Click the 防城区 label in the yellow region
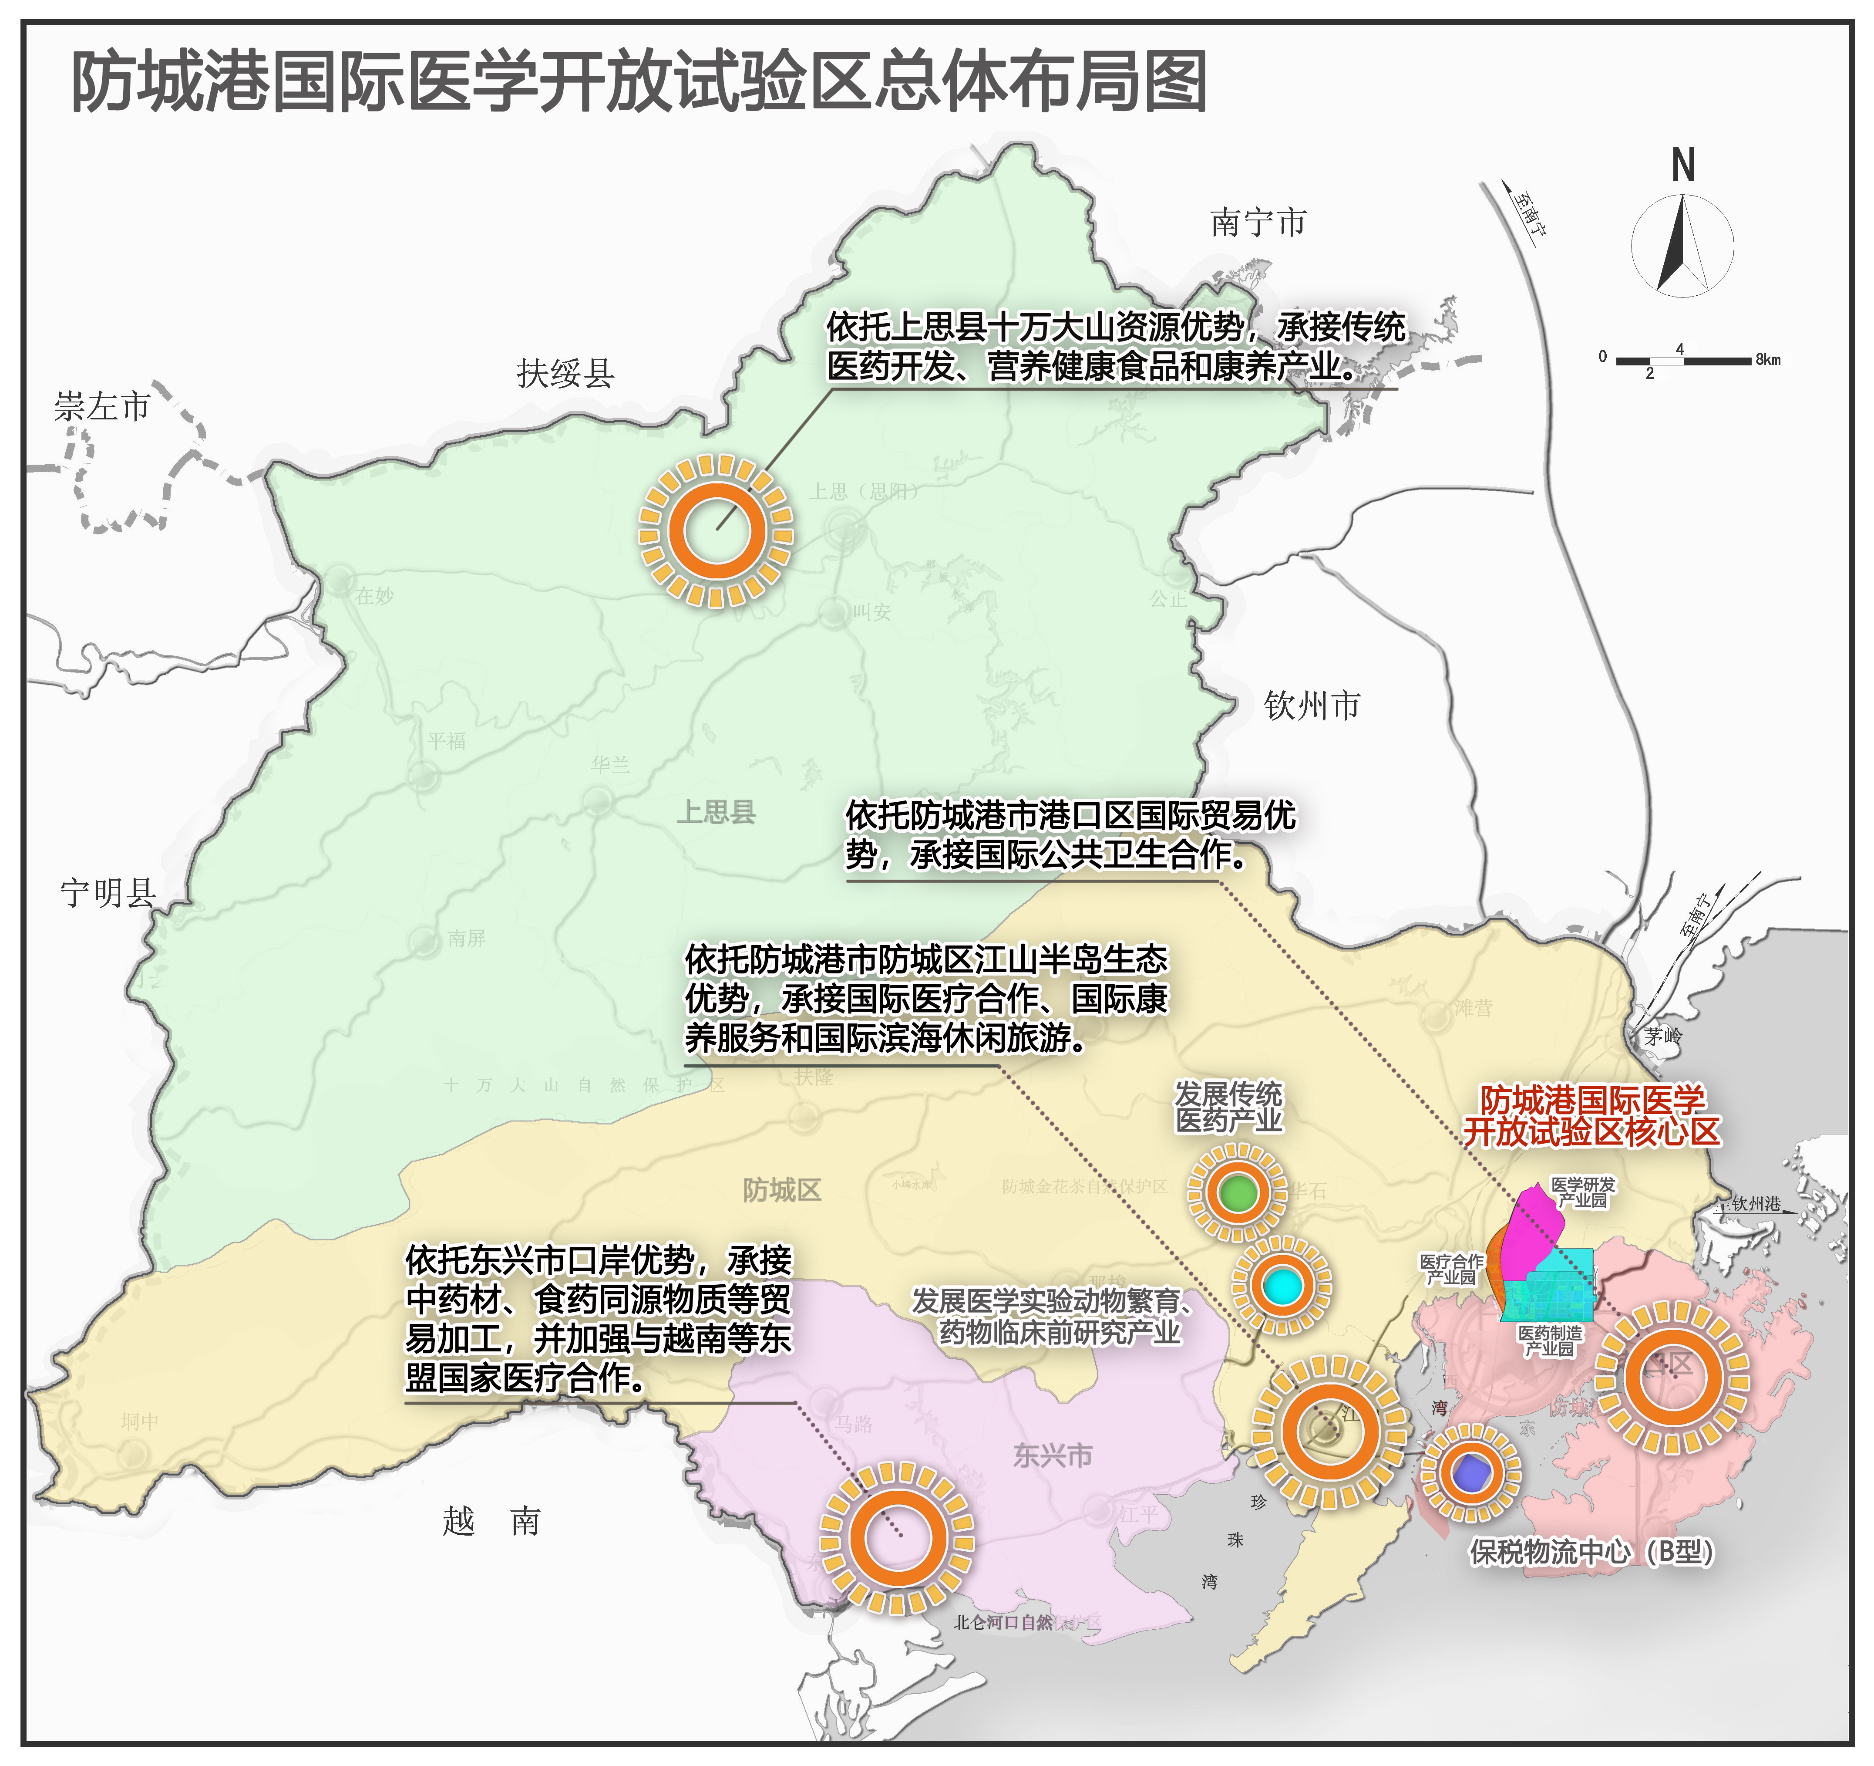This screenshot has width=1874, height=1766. (x=781, y=1190)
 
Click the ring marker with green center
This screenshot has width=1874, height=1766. (x=1237, y=1193)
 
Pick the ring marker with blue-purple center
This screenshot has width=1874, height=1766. (x=1469, y=1473)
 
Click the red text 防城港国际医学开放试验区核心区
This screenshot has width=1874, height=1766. (x=1591, y=1115)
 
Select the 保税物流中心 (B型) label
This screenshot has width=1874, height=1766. (x=1591, y=1551)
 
